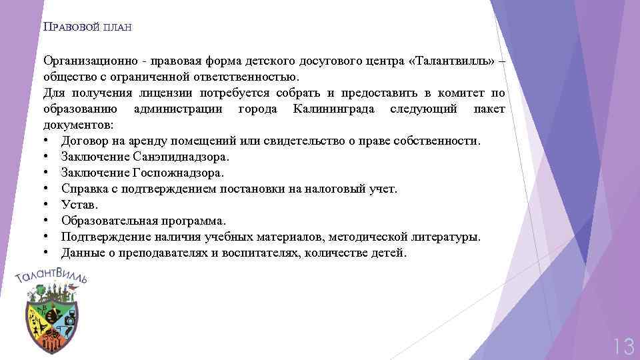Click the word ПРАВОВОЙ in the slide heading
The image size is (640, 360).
tap(71, 27)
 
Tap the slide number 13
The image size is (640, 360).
tap(623, 346)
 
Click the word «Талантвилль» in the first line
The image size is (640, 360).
tap(453, 61)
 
